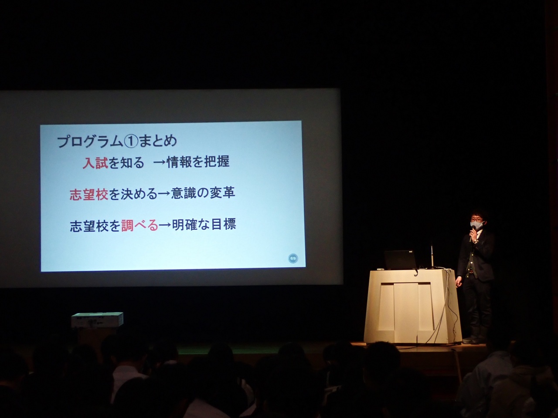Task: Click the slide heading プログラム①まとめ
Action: point(117,141)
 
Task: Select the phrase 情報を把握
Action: point(198,162)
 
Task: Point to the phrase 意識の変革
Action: point(203,193)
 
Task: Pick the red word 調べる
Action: point(140,225)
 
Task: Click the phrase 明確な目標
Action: point(204,224)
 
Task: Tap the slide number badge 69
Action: point(293,259)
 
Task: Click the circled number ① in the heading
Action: point(131,142)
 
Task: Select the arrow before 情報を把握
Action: point(160,162)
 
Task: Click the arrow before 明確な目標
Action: point(165,225)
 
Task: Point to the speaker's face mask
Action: point(476,225)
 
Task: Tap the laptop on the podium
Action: point(400,260)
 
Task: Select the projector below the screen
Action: point(97,320)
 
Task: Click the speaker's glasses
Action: point(476,220)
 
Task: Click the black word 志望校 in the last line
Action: point(89,226)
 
